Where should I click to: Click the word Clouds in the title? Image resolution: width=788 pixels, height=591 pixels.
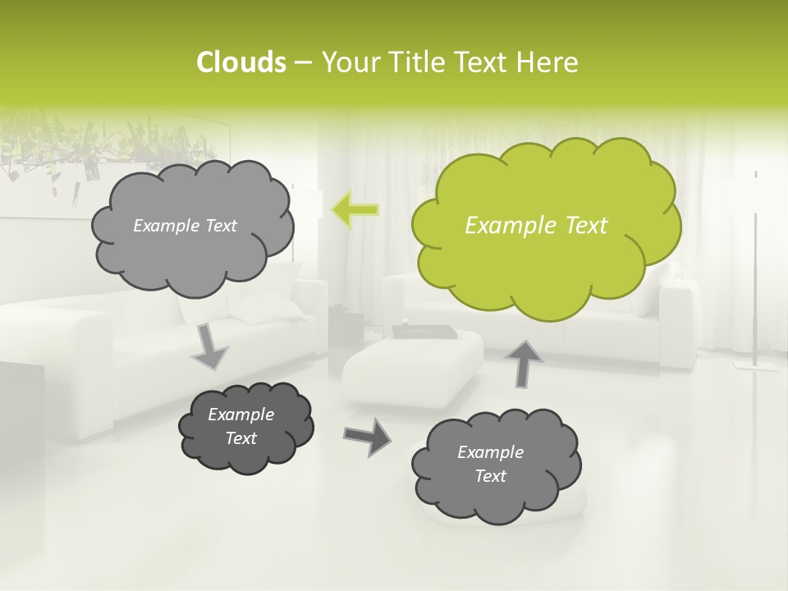point(241,62)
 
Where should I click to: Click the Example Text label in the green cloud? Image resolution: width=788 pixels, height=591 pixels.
point(536,226)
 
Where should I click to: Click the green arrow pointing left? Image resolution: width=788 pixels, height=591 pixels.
point(355,210)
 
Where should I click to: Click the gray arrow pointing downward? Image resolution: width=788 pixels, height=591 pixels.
point(210,346)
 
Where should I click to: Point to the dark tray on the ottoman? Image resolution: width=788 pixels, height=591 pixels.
point(424,332)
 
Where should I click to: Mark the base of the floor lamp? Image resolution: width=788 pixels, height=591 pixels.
point(756,364)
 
